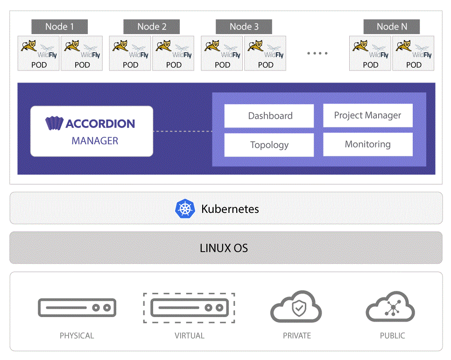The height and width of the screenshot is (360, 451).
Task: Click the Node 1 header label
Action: coord(60,27)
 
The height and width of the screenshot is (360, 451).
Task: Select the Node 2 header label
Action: coord(152,27)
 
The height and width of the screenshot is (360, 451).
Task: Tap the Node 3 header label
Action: coord(244,27)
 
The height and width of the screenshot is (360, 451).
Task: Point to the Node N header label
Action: coord(391,27)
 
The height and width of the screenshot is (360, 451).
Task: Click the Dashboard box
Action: coord(269,116)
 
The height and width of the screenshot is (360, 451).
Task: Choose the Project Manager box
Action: coord(368,115)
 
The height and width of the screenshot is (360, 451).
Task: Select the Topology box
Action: coord(269,145)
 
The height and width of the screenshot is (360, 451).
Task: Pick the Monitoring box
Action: coord(368,144)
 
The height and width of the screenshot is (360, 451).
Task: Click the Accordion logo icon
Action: coord(54,123)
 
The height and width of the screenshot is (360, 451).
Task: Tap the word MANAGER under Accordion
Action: coord(95,141)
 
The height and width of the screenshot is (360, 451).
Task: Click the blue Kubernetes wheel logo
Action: coord(185,209)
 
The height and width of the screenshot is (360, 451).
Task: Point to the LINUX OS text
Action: coord(224,248)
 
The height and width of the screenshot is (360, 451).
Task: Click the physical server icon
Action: coord(77,308)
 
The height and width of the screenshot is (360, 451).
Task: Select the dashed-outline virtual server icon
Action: coord(189,308)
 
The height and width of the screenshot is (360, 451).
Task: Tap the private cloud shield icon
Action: coord(296,307)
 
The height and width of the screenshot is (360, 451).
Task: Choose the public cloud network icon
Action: coord(390,307)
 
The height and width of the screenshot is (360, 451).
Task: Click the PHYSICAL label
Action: coord(77,336)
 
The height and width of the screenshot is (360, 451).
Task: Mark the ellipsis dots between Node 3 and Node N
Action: coord(317,53)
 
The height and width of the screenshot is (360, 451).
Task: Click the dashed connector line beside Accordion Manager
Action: coord(183,131)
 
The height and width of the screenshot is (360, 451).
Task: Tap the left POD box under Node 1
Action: coord(39,53)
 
